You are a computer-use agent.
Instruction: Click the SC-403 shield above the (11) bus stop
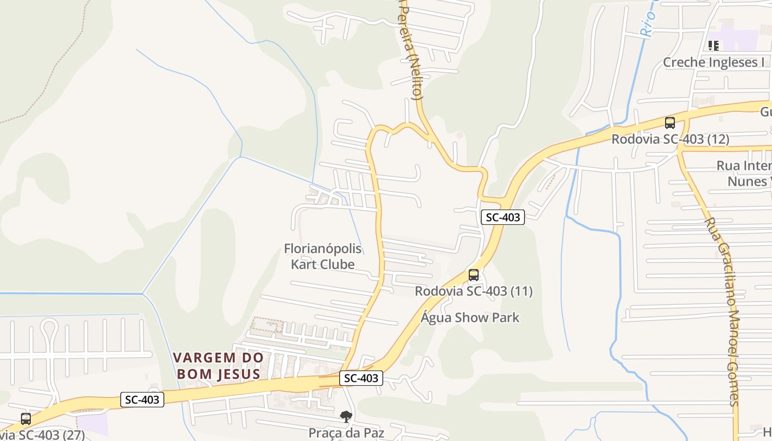(502, 217)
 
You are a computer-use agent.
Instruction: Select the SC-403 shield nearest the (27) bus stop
(142, 400)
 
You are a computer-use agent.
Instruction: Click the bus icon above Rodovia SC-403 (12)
(670, 123)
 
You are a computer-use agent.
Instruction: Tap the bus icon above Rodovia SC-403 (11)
(473, 275)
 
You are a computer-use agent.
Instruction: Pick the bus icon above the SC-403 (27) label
(26, 419)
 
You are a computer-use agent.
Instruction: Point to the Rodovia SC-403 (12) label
(670, 139)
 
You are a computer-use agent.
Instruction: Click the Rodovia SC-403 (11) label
(474, 291)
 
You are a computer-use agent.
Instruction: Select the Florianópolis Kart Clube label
(323, 256)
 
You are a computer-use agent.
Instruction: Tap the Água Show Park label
(470, 318)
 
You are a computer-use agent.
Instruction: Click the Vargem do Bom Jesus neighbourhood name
(218, 365)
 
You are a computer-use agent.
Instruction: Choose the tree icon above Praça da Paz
(346, 417)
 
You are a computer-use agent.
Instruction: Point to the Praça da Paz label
(346, 433)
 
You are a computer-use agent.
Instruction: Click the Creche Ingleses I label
(714, 62)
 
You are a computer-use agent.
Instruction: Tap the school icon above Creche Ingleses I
(714, 45)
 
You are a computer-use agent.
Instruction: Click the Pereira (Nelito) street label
(412, 50)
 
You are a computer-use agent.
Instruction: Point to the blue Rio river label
(648, 22)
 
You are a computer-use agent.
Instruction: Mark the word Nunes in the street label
(747, 181)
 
